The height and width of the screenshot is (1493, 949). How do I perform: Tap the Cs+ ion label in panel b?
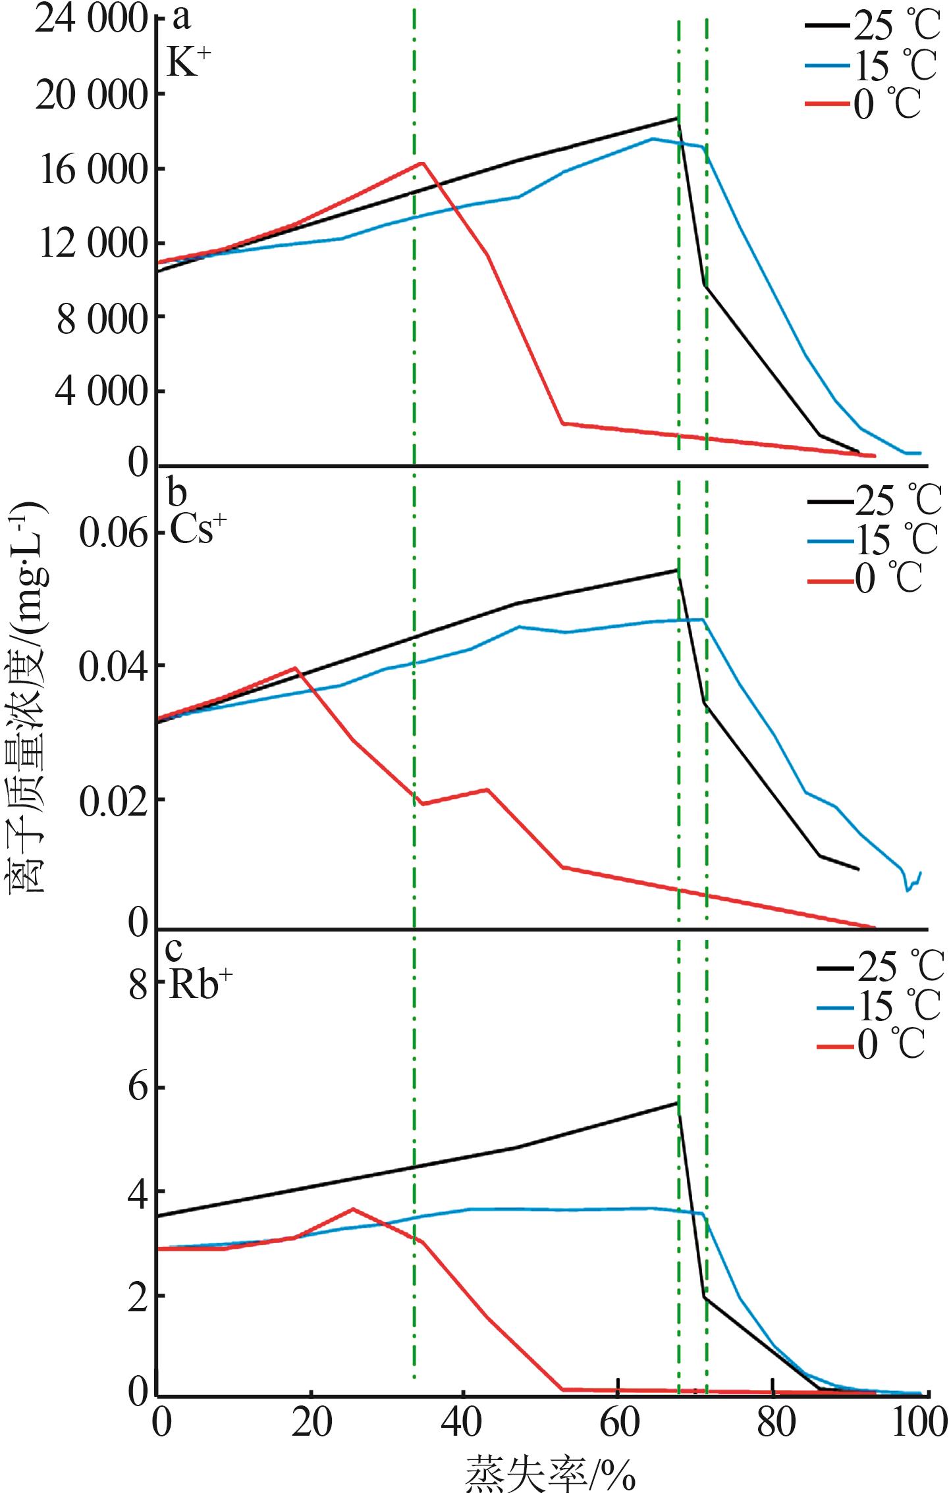click(x=192, y=527)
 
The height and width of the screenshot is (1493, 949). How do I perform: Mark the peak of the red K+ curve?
click(x=421, y=163)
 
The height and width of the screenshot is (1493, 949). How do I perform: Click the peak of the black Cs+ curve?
click(x=676, y=569)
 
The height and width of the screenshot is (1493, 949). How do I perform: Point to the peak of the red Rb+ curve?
click(x=353, y=1209)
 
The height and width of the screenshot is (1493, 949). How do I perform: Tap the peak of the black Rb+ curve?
click(x=676, y=1103)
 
